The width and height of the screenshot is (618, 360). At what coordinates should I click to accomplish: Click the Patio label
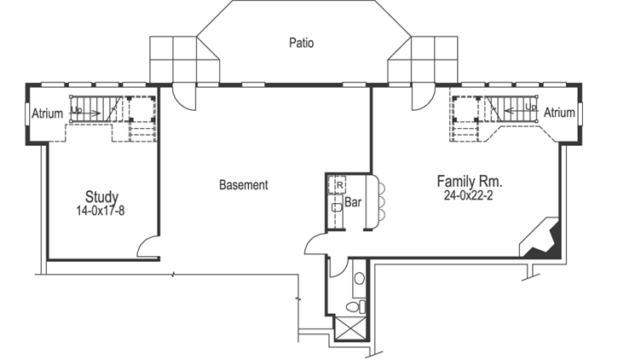pos(301,42)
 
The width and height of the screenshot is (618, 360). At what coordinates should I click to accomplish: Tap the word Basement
pos(244,184)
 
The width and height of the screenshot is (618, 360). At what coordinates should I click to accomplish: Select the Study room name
pos(101,196)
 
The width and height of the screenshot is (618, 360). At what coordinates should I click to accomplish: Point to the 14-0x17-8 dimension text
pos(101,209)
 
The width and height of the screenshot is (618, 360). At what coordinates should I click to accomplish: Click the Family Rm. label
pos(470,182)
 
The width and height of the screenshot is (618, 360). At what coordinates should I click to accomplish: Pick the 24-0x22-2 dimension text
pos(470,195)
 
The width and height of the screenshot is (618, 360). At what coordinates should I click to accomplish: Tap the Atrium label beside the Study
pos(47,113)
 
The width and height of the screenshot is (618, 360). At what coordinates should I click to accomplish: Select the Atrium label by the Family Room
pos(559,113)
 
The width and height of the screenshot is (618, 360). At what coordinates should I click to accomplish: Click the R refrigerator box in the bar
pos(338,183)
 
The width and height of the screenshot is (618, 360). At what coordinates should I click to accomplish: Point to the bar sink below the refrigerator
pos(337,206)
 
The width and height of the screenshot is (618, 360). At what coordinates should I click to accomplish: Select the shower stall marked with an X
pos(350,329)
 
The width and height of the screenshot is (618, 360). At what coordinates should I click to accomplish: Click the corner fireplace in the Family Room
pos(540,240)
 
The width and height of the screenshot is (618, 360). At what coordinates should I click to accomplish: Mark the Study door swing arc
pos(148,247)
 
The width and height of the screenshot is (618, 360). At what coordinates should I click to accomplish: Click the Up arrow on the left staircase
pos(80,110)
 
